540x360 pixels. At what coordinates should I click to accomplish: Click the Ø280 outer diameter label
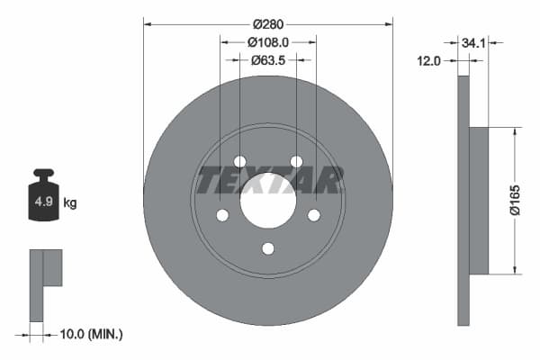tap(267, 22)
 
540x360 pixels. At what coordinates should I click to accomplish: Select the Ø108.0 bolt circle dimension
tap(267, 41)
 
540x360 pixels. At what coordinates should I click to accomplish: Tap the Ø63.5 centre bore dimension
tap(267, 60)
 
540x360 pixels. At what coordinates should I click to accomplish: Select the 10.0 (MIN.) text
tap(89, 334)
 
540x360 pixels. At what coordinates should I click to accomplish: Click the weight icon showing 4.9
tap(43, 200)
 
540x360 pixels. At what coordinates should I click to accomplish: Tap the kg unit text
tap(69, 203)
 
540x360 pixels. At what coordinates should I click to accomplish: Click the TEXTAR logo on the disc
tap(268, 181)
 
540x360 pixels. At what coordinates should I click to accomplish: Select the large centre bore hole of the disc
tap(268, 201)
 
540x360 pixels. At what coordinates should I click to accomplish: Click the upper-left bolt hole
tap(239, 161)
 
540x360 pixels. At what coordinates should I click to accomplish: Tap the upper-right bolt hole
tap(296, 161)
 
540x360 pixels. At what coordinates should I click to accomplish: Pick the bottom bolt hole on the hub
tap(268, 248)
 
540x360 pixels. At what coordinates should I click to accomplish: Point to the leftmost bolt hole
tap(221, 215)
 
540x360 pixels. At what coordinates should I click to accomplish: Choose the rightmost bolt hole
tap(314, 215)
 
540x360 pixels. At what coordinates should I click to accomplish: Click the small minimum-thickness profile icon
tap(44, 284)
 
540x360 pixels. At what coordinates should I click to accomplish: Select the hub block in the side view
tap(479, 201)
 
